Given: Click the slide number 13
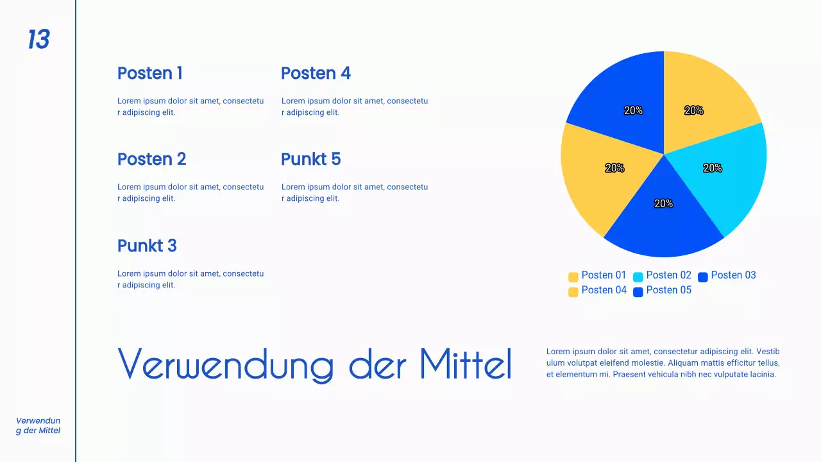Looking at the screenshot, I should click(x=38, y=40).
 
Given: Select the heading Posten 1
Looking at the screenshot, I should click(x=149, y=73).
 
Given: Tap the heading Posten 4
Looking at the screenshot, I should click(x=316, y=73).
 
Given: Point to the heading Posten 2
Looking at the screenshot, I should click(x=151, y=159).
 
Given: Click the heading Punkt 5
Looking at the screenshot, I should click(x=310, y=159).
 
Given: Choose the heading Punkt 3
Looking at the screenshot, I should click(x=147, y=246).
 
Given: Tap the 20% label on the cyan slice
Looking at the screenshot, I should click(x=713, y=168).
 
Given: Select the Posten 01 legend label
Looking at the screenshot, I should click(x=604, y=275).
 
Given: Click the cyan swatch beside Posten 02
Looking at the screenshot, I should click(x=638, y=277).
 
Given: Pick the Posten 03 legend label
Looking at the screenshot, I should click(x=733, y=275).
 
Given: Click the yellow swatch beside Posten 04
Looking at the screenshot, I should click(x=573, y=292).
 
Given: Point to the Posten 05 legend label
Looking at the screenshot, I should click(x=668, y=290).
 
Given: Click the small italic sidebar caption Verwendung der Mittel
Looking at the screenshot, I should click(x=38, y=425).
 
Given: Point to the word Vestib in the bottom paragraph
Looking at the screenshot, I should click(x=767, y=352).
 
